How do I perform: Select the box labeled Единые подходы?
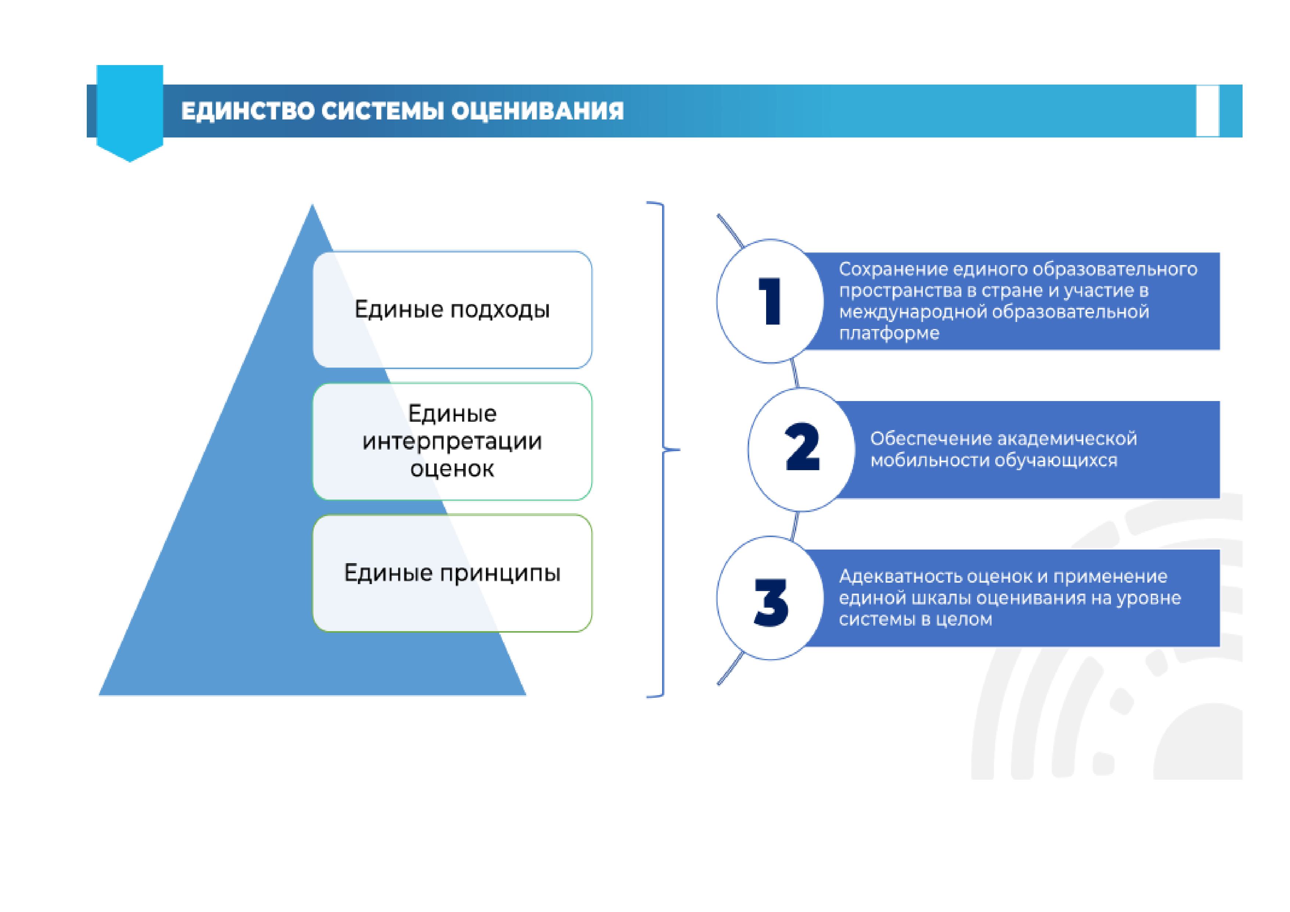click(452, 310)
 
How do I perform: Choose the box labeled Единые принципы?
click(452, 573)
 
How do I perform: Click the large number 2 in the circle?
click(802, 447)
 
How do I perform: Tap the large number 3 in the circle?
click(771, 602)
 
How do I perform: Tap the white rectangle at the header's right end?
click(1207, 111)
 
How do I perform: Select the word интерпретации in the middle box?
click(452, 442)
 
